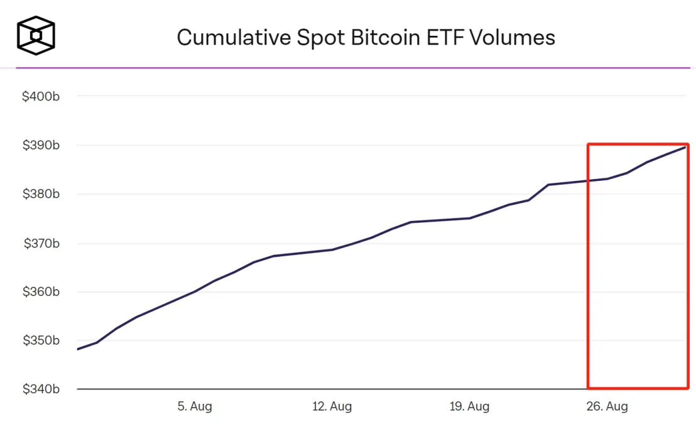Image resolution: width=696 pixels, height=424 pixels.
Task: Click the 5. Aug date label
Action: [x=195, y=406]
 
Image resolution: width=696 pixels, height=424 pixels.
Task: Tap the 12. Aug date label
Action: [x=332, y=406]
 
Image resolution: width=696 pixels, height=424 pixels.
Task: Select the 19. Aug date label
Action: [x=470, y=406]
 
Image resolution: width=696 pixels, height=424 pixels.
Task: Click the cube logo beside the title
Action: [x=36, y=35]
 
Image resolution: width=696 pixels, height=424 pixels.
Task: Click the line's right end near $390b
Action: [x=684, y=147]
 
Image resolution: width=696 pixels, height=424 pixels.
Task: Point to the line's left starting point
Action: [x=77, y=349]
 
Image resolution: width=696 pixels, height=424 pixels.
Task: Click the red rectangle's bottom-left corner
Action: [x=589, y=388]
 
